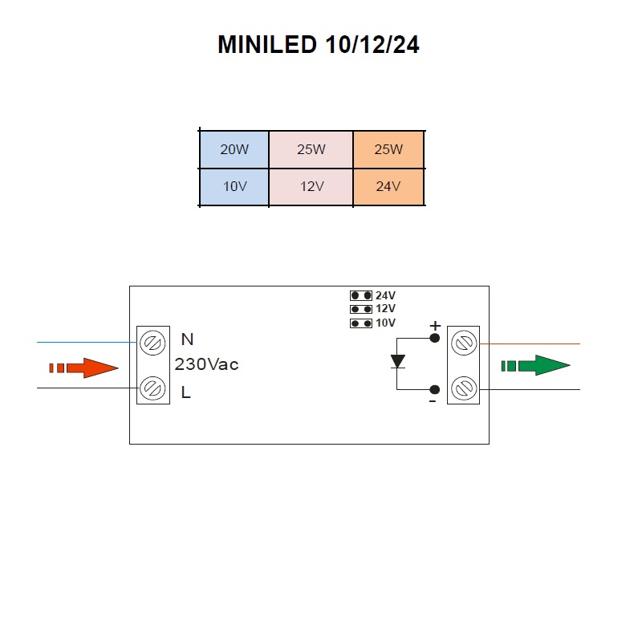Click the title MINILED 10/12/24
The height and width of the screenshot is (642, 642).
click(318, 44)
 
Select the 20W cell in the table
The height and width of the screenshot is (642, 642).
click(234, 149)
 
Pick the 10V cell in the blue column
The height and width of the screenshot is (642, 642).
click(234, 187)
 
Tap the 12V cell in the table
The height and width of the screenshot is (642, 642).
click(311, 187)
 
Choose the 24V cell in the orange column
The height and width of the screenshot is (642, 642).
click(388, 187)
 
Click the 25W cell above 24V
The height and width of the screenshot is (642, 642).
click(388, 149)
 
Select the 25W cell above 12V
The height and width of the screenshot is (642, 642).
click(311, 149)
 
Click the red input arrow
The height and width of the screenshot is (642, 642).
click(83, 368)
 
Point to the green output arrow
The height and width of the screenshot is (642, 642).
click(535, 365)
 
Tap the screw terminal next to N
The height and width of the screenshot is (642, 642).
click(152, 343)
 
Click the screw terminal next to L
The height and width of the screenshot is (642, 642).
click(152, 388)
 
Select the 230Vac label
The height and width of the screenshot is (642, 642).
click(206, 364)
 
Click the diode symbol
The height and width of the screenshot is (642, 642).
click(397, 362)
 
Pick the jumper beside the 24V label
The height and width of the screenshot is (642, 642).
click(361, 295)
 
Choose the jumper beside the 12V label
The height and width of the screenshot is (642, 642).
click(361, 309)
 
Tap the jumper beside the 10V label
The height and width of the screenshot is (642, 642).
click(361, 323)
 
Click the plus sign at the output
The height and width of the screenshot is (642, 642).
click(435, 326)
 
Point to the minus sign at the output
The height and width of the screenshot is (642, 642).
click(433, 402)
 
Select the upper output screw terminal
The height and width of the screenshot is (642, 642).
click(464, 343)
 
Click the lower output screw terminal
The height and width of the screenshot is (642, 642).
click(464, 388)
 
